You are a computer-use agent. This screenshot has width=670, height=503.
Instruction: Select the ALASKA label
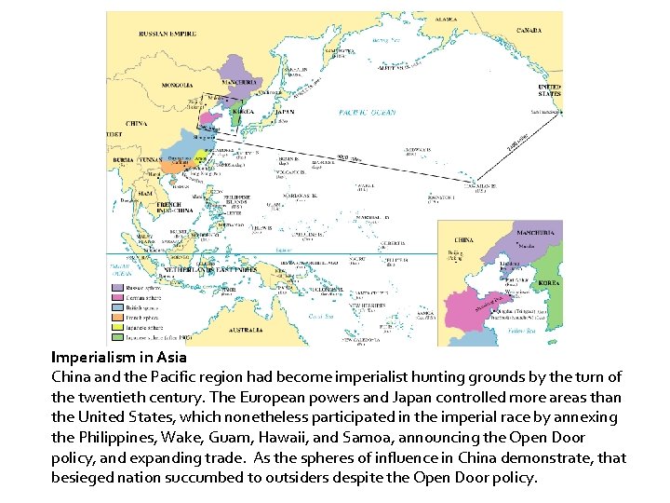[x=447, y=20]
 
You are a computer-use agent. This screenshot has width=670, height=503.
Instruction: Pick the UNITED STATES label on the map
[x=549, y=90]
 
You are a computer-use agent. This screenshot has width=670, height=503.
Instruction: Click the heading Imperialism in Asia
[x=119, y=357]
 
